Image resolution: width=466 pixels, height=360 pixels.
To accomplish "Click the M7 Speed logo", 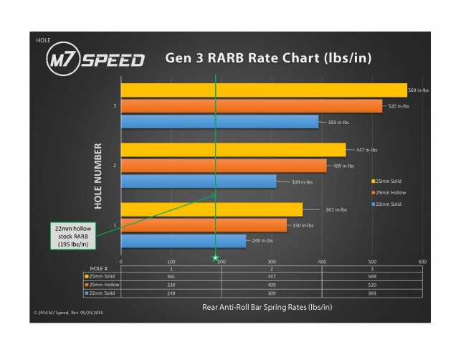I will [x=95, y=59].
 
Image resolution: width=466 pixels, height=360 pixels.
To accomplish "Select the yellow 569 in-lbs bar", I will [x=263, y=90].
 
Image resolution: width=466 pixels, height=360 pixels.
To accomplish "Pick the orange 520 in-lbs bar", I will [x=251, y=106].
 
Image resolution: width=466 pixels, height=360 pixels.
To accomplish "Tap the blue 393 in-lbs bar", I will [x=219, y=122].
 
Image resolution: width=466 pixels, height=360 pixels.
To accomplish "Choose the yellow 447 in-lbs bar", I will [x=233, y=150].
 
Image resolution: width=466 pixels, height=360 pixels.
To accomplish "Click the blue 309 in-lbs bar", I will [x=199, y=181].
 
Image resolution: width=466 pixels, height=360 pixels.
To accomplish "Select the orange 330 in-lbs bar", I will [x=204, y=225].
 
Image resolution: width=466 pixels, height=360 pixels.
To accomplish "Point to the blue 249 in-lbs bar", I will [x=184, y=241].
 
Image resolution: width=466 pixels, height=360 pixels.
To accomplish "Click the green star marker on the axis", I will [x=214, y=256].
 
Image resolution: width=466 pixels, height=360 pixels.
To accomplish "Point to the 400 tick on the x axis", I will [x=322, y=262].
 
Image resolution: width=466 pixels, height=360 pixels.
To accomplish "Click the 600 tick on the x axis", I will [x=422, y=262].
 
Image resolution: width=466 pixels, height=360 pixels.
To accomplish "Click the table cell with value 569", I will [x=371, y=275].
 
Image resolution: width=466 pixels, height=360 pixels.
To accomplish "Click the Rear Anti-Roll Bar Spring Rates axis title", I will [x=271, y=307].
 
